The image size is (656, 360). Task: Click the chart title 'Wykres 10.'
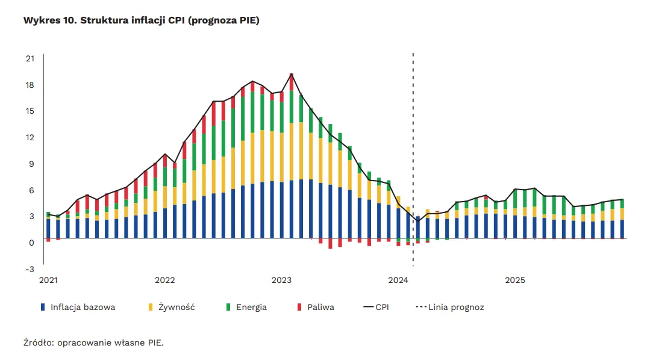(x=49, y=20)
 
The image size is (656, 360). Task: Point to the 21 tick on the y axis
(x=30, y=58)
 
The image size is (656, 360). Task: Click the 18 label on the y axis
(x=30, y=85)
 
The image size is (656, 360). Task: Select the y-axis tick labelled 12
(x=30, y=137)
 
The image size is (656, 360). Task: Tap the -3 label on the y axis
(x=30, y=268)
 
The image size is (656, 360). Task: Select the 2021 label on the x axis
(x=48, y=281)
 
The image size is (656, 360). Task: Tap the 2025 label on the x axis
(x=514, y=281)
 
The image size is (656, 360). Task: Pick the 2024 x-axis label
(x=398, y=281)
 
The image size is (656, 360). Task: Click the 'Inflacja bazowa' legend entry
(x=83, y=307)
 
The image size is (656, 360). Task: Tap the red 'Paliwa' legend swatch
(x=299, y=307)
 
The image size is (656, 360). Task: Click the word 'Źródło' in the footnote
(x=38, y=343)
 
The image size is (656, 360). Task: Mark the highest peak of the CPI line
(x=292, y=74)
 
